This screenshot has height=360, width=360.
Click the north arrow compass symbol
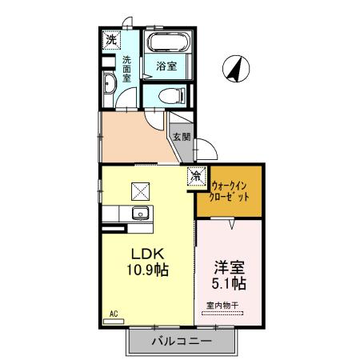(x=236, y=69)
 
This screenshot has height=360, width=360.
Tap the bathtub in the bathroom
(x=169, y=42)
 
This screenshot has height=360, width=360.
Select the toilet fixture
(x=172, y=95)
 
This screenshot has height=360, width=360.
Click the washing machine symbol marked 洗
(x=111, y=40)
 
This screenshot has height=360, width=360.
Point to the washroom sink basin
(x=109, y=83)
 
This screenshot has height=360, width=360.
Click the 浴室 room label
(x=166, y=66)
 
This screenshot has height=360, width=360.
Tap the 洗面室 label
(x=127, y=69)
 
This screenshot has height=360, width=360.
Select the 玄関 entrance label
(x=182, y=137)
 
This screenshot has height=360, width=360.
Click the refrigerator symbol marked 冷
(x=197, y=176)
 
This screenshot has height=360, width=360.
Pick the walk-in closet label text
(x=230, y=191)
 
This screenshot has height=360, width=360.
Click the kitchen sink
(x=141, y=214)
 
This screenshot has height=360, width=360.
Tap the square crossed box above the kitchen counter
(x=140, y=191)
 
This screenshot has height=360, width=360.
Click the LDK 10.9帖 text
(x=147, y=262)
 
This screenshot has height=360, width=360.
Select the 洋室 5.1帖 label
(x=229, y=276)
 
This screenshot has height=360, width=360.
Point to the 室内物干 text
(x=222, y=306)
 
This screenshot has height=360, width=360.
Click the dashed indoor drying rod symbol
(x=222, y=314)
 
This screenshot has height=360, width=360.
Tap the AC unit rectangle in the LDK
(x=114, y=322)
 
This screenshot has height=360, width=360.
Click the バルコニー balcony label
(x=182, y=341)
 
